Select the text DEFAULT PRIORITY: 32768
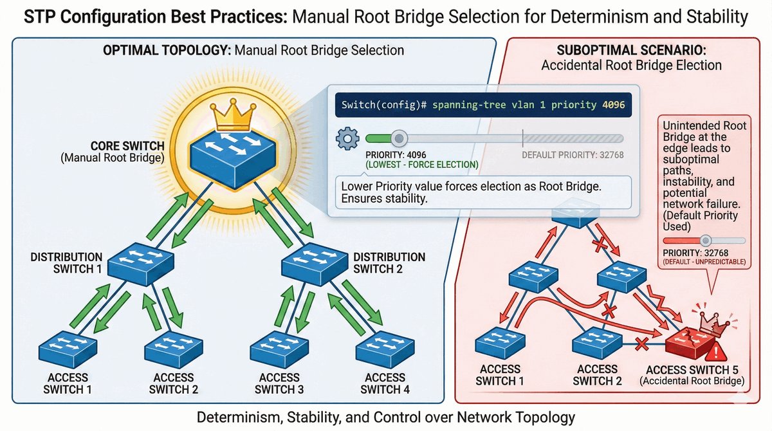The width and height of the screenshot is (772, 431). [x=573, y=155]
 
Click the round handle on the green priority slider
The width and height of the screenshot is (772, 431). [x=400, y=138]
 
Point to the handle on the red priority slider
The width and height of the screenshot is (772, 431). [x=706, y=240]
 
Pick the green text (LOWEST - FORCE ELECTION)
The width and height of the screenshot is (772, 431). [x=421, y=165]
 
